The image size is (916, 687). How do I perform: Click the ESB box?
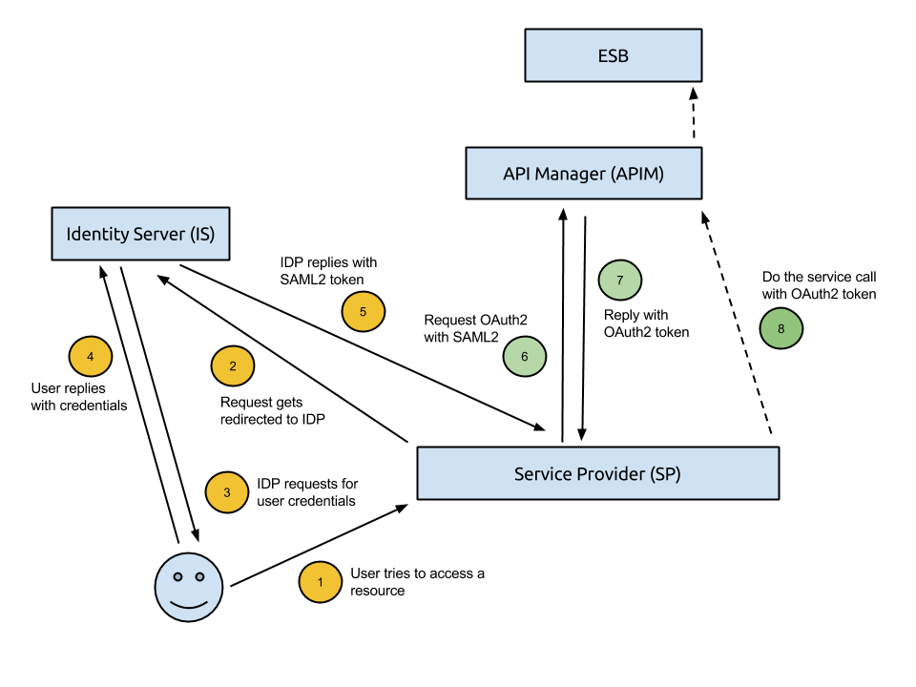[x=613, y=55]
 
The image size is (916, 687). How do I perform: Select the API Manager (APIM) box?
[x=583, y=173]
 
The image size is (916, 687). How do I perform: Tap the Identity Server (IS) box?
[x=140, y=234]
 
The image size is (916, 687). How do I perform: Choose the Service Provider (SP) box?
[x=597, y=473]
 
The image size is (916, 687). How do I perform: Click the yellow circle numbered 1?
[x=321, y=582]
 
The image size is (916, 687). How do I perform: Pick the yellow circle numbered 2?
[x=233, y=366]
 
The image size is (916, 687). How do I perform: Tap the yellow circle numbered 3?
[x=227, y=492]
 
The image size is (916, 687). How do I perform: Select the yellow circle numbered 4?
[x=91, y=357]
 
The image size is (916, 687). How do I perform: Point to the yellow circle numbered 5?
[x=364, y=312]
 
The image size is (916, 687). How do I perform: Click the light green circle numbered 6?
[x=525, y=357]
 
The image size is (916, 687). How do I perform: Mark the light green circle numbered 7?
[x=620, y=281]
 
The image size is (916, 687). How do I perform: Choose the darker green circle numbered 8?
[x=781, y=329]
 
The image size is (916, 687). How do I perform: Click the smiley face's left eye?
[x=177, y=576]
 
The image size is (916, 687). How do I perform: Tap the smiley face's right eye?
[x=200, y=576]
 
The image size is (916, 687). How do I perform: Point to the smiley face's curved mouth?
[x=189, y=604]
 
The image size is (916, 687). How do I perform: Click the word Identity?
[x=96, y=234]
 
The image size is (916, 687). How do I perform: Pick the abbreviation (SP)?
[x=664, y=474]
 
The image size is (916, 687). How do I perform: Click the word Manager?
[x=567, y=174]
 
